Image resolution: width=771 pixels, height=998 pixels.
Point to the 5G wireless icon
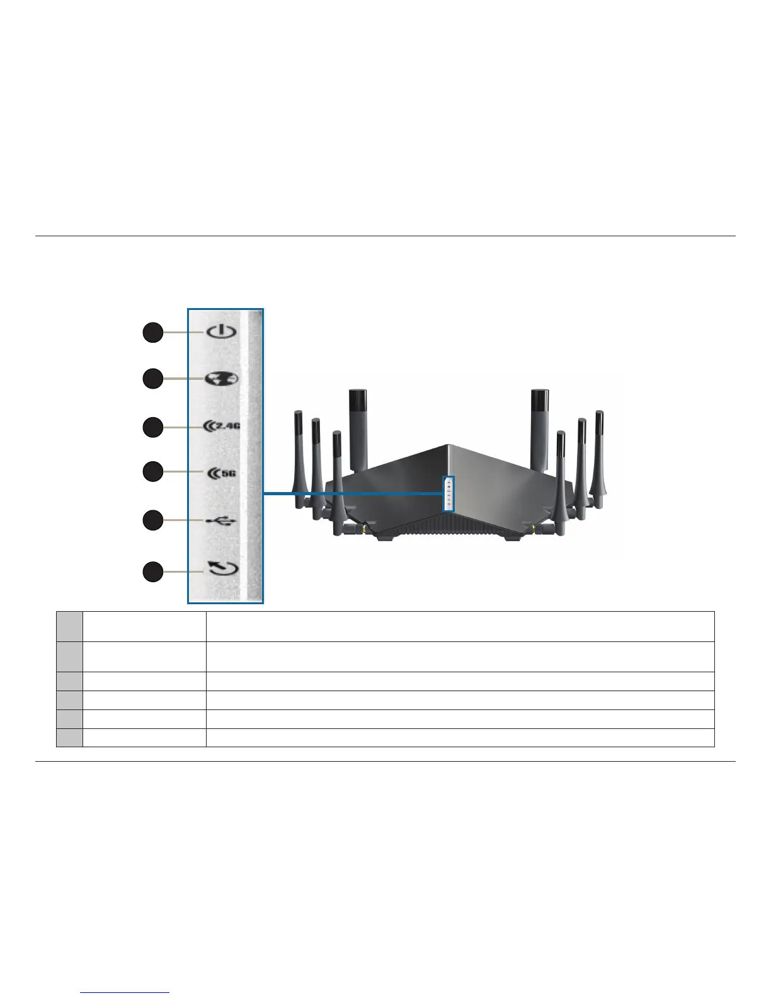tap(222, 473)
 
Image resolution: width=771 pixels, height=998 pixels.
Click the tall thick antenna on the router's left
tap(357, 428)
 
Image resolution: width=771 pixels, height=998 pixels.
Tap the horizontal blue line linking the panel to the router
tap(353, 494)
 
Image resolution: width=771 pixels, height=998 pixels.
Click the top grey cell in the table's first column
tap(69, 626)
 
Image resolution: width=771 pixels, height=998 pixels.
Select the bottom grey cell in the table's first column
tap(69, 738)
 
